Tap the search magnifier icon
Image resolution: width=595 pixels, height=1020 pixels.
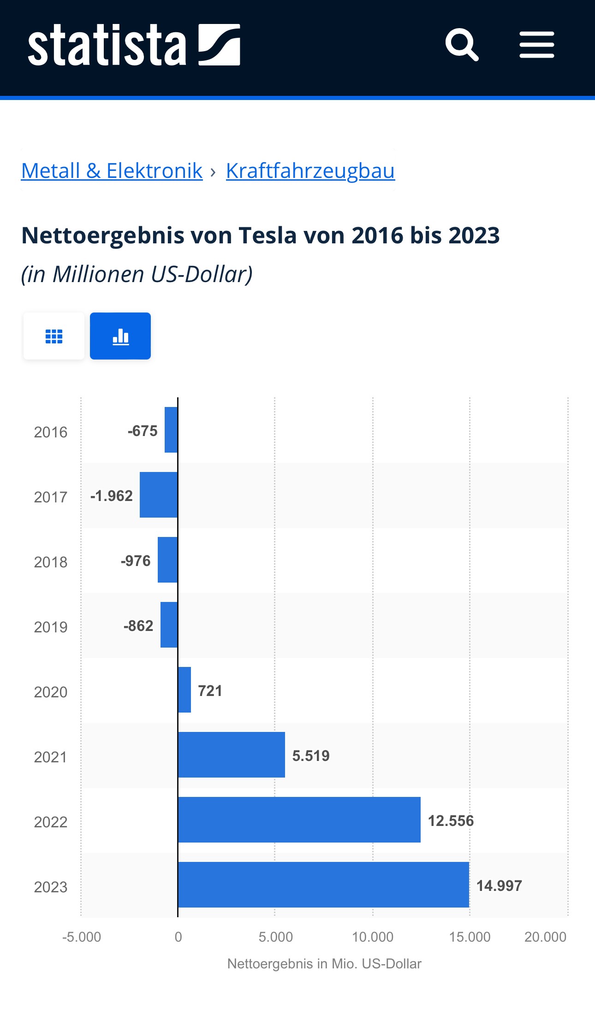point(462,45)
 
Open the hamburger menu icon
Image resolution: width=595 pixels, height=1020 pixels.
point(536,45)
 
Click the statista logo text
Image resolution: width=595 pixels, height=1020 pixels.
point(107,45)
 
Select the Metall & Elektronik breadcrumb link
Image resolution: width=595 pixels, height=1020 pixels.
point(112,171)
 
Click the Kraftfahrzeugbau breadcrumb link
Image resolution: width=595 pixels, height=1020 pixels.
point(310,171)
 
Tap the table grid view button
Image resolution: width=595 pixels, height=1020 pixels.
point(54,336)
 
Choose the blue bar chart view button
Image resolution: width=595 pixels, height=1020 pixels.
point(120,336)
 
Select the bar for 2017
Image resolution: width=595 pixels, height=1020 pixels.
point(159,495)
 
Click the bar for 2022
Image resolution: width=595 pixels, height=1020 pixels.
point(299,820)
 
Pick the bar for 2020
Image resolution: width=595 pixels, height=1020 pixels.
point(184,690)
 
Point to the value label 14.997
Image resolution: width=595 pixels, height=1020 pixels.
point(499,886)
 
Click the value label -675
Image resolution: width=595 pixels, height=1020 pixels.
point(143,431)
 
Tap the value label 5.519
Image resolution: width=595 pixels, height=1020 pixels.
point(311,756)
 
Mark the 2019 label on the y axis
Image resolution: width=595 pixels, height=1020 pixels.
point(51,627)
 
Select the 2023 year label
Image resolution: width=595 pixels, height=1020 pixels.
point(51,887)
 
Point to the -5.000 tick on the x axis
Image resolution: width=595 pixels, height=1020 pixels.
point(82,937)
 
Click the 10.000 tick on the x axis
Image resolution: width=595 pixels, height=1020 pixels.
point(373,937)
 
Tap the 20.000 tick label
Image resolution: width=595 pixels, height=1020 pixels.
point(545,937)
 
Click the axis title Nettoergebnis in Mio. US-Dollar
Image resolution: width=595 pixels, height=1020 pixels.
point(324,964)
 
